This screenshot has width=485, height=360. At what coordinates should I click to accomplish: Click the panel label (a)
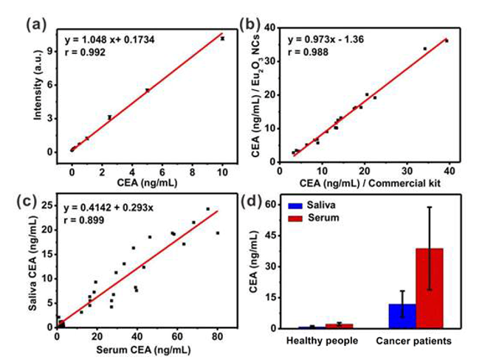(x=36, y=23)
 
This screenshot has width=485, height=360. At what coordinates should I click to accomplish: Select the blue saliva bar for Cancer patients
(x=402, y=315)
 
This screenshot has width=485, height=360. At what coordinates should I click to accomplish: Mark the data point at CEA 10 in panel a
(x=222, y=38)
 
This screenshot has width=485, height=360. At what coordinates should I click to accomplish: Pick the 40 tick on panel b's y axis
(x=270, y=27)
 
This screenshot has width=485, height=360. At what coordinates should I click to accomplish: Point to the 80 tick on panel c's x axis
(x=216, y=337)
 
